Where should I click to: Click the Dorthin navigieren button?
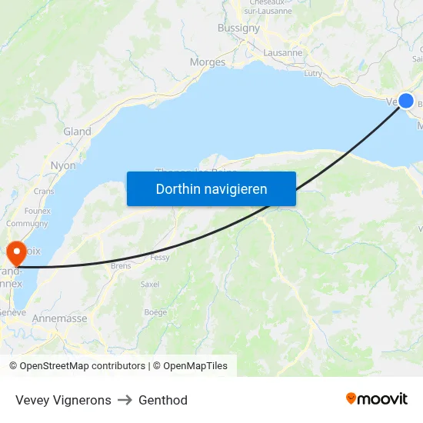click(x=211, y=188)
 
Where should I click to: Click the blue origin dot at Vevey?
click(x=406, y=101)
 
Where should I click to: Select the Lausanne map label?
click(x=283, y=53)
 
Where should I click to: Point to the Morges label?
click(x=207, y=62)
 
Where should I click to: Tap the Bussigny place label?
click(x=238, y=28)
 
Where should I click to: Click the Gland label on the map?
click(x=77, y=132)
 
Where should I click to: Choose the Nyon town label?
click(x=63, y=165)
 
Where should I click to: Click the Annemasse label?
click(x=59, y=318)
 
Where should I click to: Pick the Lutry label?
click(x=313, y=73)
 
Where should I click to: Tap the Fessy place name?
click(x=160, y=258)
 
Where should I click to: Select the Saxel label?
click(x=149, y=284)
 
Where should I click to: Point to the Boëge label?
click(x=155, y=312)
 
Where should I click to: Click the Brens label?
click(x=121, y=265)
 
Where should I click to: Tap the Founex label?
click(x=38, y=211)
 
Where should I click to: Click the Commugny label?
click(x=27, y=224)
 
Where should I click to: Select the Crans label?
click(x=44, y=191)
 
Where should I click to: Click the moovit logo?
click(x=377, y=398)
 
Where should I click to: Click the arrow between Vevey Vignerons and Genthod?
click(x=125, y=400)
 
